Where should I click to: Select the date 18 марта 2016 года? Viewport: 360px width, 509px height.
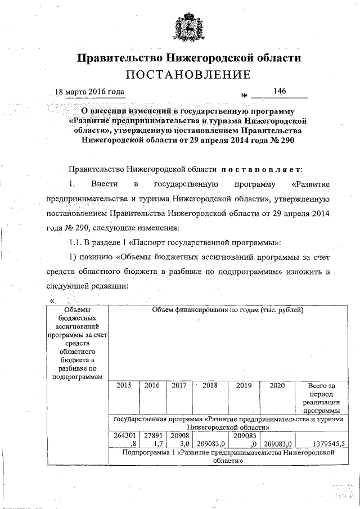point(89,92)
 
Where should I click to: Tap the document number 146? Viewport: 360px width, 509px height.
point(280,91)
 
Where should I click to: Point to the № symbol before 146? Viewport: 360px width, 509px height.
point(245,95)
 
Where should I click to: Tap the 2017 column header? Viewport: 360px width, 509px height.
point(178,386)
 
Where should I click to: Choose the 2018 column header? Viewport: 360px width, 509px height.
point(210,386)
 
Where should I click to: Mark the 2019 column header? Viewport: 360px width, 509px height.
point(244,386)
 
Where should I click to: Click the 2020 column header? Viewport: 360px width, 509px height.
point(277,386)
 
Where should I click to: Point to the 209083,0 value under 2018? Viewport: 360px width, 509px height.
point(211,443)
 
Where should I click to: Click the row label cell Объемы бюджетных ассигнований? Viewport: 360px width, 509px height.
point(77,343)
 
